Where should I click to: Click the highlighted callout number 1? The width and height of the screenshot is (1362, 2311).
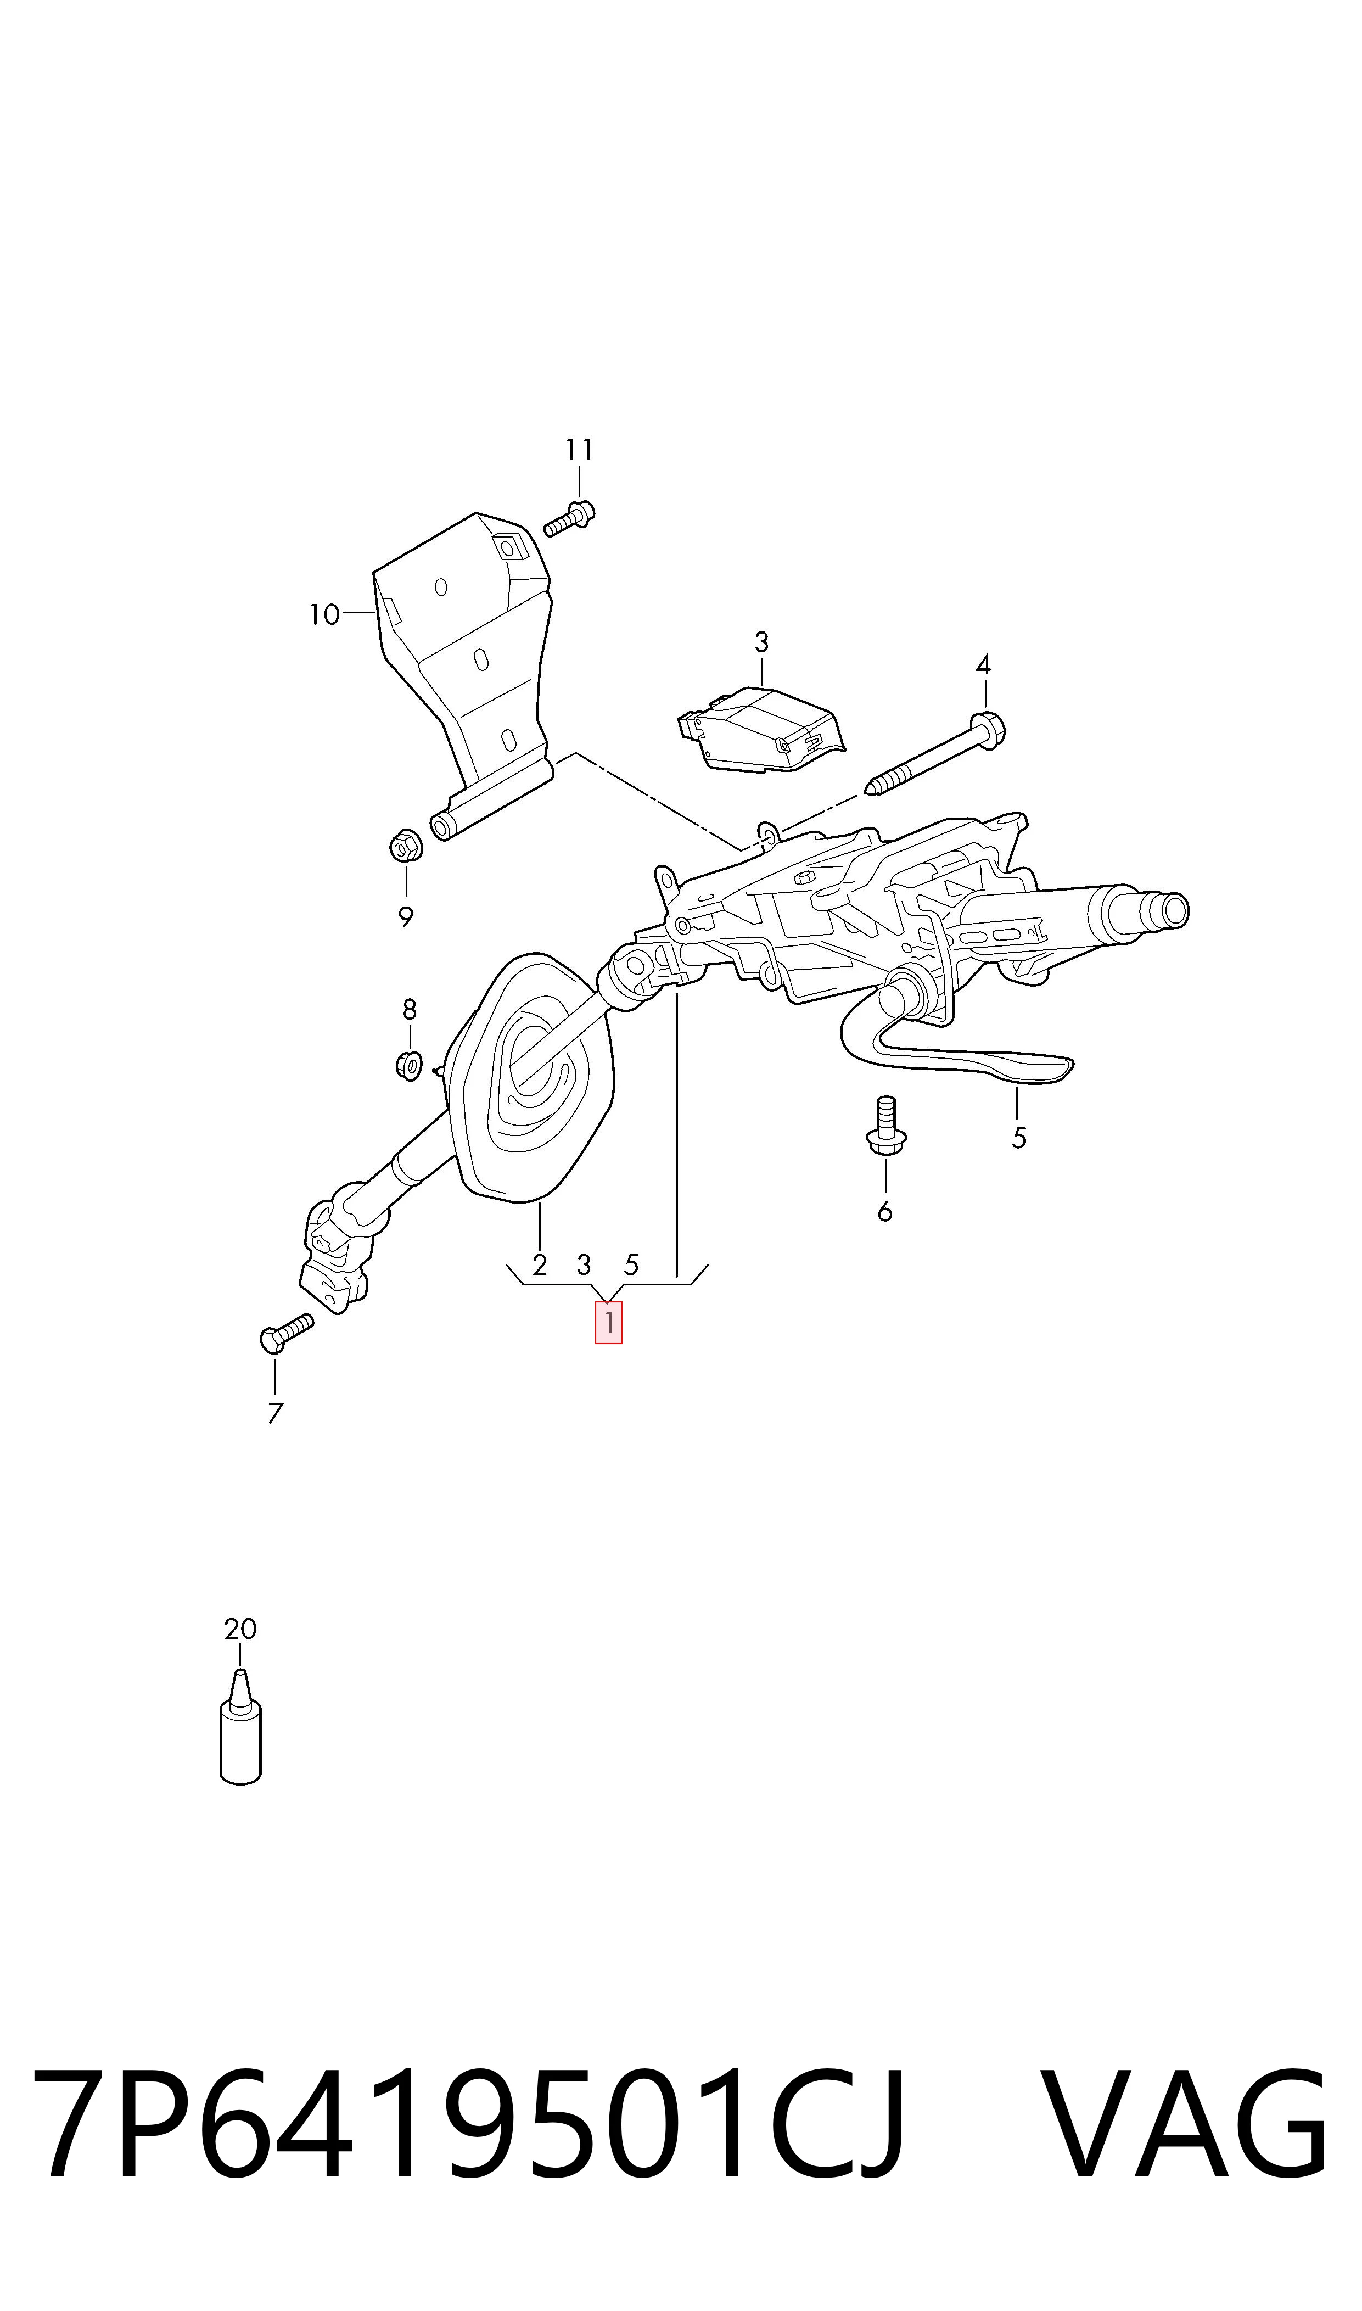[x=608, y=1323]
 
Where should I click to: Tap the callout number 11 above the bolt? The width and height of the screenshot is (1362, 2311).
[x=579, y=450]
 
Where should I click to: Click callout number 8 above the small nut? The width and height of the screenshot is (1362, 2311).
[x=410, y=1010]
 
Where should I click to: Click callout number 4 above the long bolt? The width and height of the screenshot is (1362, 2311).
[x=983, y=664]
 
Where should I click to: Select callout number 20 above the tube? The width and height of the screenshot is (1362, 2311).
[x=240, y=1629]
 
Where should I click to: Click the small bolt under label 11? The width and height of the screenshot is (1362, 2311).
[x=569, y=518]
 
